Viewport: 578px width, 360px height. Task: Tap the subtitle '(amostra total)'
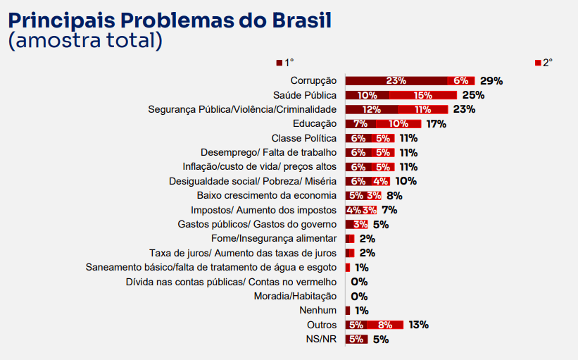point(85,40)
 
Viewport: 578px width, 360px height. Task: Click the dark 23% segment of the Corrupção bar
point(396,80)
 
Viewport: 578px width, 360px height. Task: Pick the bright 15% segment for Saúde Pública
point(423,95)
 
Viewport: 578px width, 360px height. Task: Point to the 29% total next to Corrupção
point(491,80)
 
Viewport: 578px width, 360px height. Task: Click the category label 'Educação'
point(315,124)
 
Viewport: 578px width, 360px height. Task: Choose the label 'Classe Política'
point(303,138)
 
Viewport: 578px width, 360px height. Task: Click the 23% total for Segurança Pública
point(464,109)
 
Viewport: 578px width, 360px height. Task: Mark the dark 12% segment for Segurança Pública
point(372,109)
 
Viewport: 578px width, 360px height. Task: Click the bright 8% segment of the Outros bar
point(385,325)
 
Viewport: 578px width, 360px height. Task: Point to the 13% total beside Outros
point(418,325)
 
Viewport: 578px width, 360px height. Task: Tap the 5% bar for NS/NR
point(356,339)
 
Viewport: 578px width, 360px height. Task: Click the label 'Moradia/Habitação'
point(295,296)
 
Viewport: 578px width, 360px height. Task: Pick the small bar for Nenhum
point(348,311)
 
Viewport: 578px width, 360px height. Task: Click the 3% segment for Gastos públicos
point(360,225)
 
